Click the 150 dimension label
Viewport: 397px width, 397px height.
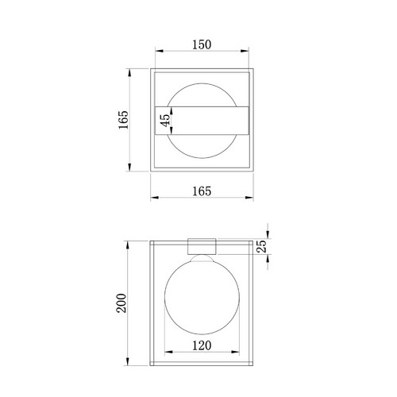tap(202, 44)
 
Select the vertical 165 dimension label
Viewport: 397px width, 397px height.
tap(123, 120)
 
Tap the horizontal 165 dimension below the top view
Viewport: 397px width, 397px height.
tap(202, 191)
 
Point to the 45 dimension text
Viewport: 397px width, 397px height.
tap(165, 121)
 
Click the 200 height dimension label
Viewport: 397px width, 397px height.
tap(121, 303)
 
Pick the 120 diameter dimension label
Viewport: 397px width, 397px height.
tap(202, 345)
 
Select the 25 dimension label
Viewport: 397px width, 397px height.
tap(262, 246)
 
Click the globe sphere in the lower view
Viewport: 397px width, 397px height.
tap(202, 297)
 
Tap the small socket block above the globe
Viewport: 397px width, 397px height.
tap(202, 246)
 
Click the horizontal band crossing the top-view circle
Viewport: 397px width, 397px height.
tap(202, 121)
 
